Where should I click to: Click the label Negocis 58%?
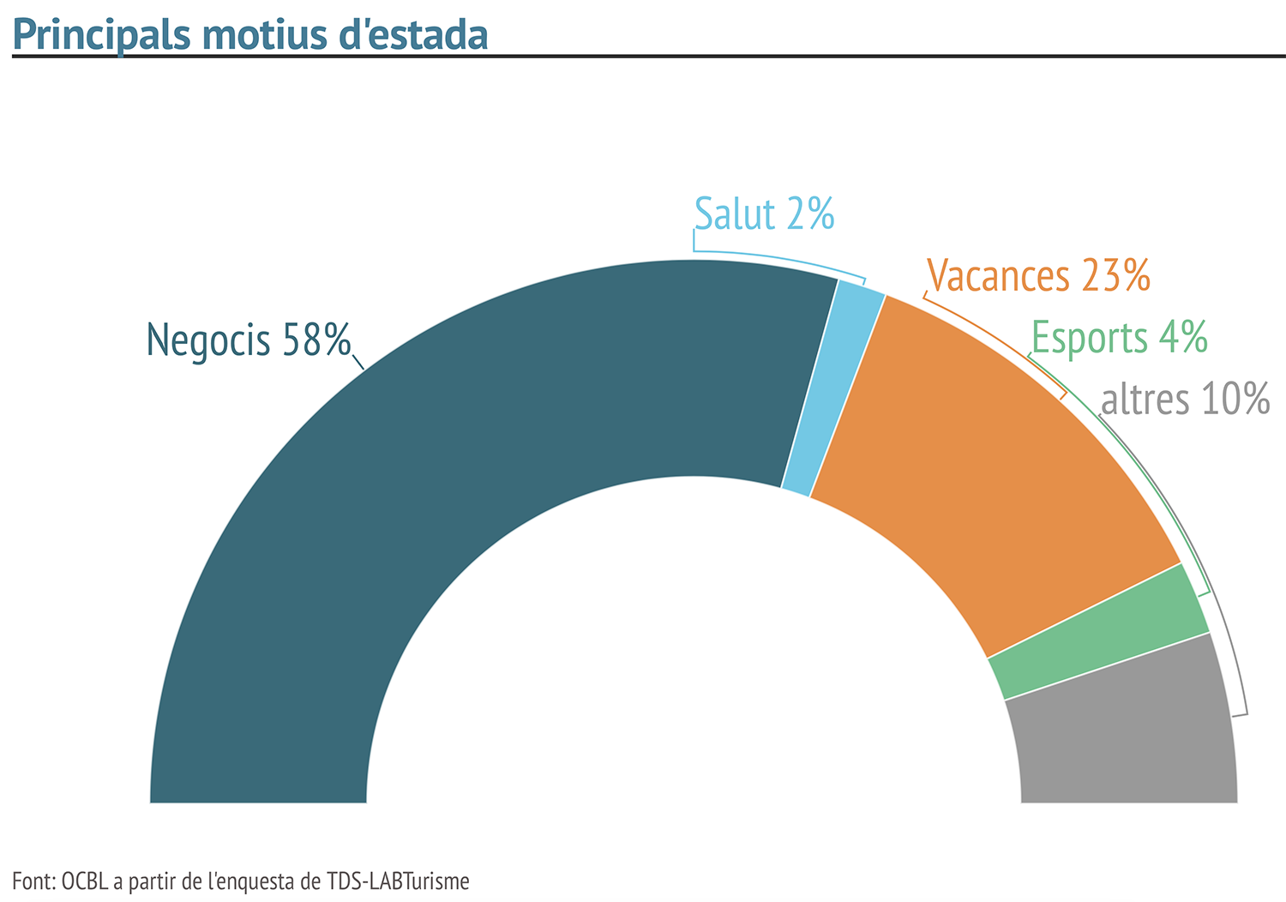pyautogui.click(x=249, y=340)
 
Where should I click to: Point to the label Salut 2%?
pyautogui.click(x=764, y=214)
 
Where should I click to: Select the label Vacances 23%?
pyautogui.click(x=1038, y=276)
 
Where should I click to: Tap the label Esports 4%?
pyautogui.click(x=1119, y=337)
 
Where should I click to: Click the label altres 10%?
pyautogui.click(x=1184, y=400)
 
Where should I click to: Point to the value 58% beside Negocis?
pyautogui.click(x=316, y=340)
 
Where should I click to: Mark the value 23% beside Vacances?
pyautogui.click(x=1115, y=276)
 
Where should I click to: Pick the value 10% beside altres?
pyautogui.click(x=1235, y=400)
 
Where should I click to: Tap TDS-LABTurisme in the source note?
pyautogui.click(x=398, y=881)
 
